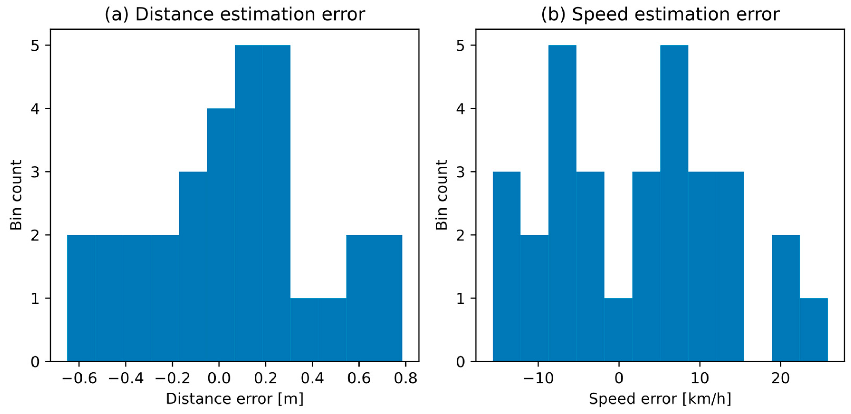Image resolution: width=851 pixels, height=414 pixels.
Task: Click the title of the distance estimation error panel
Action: point(235,14)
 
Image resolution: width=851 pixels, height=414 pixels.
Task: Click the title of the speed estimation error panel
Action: point(660,14)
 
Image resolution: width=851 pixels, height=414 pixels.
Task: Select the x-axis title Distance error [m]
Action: point(235,398)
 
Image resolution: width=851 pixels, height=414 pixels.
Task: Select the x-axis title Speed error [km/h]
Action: point(660,398)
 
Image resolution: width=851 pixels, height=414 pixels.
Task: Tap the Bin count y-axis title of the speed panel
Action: point(441,195)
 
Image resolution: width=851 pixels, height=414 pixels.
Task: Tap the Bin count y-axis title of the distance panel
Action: point(16,195)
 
